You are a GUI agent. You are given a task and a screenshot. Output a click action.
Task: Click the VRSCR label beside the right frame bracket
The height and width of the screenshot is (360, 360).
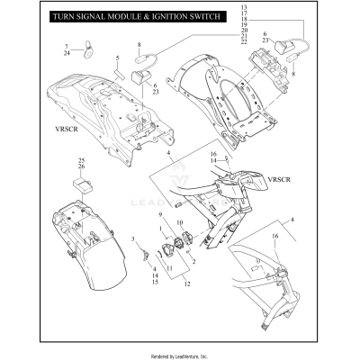(x=276, y=180)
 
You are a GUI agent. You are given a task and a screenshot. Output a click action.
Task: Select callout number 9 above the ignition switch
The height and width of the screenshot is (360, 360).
(x=161, y=215)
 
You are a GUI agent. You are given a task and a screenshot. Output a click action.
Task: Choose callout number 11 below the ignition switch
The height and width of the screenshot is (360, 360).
(x=169, y=268)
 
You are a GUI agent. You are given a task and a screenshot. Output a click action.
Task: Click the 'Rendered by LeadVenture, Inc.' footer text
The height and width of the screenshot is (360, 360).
(x=180, y=352)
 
